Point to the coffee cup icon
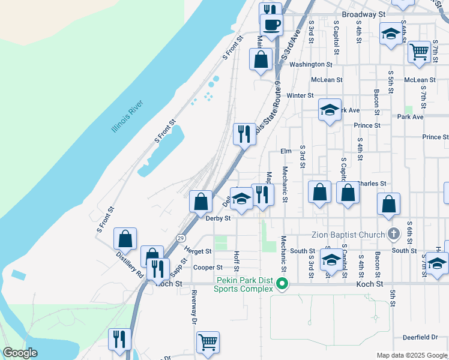click(271, 26)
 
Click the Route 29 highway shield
click(181, 238)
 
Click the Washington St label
click(310, 64)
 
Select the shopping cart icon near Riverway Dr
click(208, 343)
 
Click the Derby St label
click(218, 218)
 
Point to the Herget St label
click(198, 251)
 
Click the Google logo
click(20, 353)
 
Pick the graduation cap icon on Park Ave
click(330, 110)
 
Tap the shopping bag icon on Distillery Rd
click(125, 239)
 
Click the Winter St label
click(300, 95)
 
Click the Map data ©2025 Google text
click(412, 355)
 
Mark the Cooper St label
click(208, 268)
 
